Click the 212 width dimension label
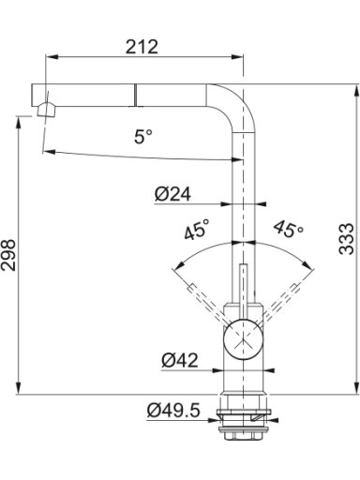tap(142, 47)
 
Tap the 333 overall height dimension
tap(347, 239)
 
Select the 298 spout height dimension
tap(8, 255)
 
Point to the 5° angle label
tap(143, 137)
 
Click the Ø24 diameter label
tap(172, 194)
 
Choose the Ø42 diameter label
tap(180, 360)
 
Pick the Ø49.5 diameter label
tap(173, 411)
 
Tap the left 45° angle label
tap(196, 229)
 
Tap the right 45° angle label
tap(289, 229)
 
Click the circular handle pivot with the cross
tap(243, 340)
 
